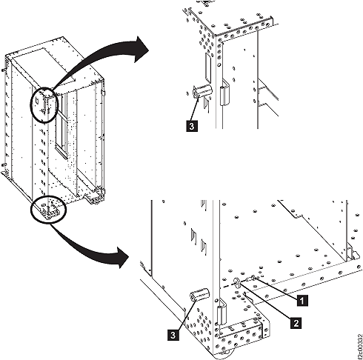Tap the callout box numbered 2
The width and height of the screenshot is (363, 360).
[x=296, y=322]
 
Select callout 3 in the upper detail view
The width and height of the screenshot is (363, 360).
[x=192, y=126]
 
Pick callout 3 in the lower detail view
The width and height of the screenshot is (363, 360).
[x=173, y=335]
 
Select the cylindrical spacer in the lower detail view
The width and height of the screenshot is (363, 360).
[x=199, y=294]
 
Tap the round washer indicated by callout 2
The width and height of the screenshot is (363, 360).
[x=237, y=283]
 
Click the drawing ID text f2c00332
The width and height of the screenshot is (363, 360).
[x=359, y=347]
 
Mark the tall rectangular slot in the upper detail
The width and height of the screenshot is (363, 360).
[x=208, y=67]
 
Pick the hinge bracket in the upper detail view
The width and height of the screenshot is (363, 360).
[x=224, y=92]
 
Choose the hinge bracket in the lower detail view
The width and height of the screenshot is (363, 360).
[x=222, y=312]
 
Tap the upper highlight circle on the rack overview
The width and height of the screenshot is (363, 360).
[x=44, y=104]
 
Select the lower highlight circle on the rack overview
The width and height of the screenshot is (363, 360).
[x=48, y=210]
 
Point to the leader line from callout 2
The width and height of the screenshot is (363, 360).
[x=266, y=301]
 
